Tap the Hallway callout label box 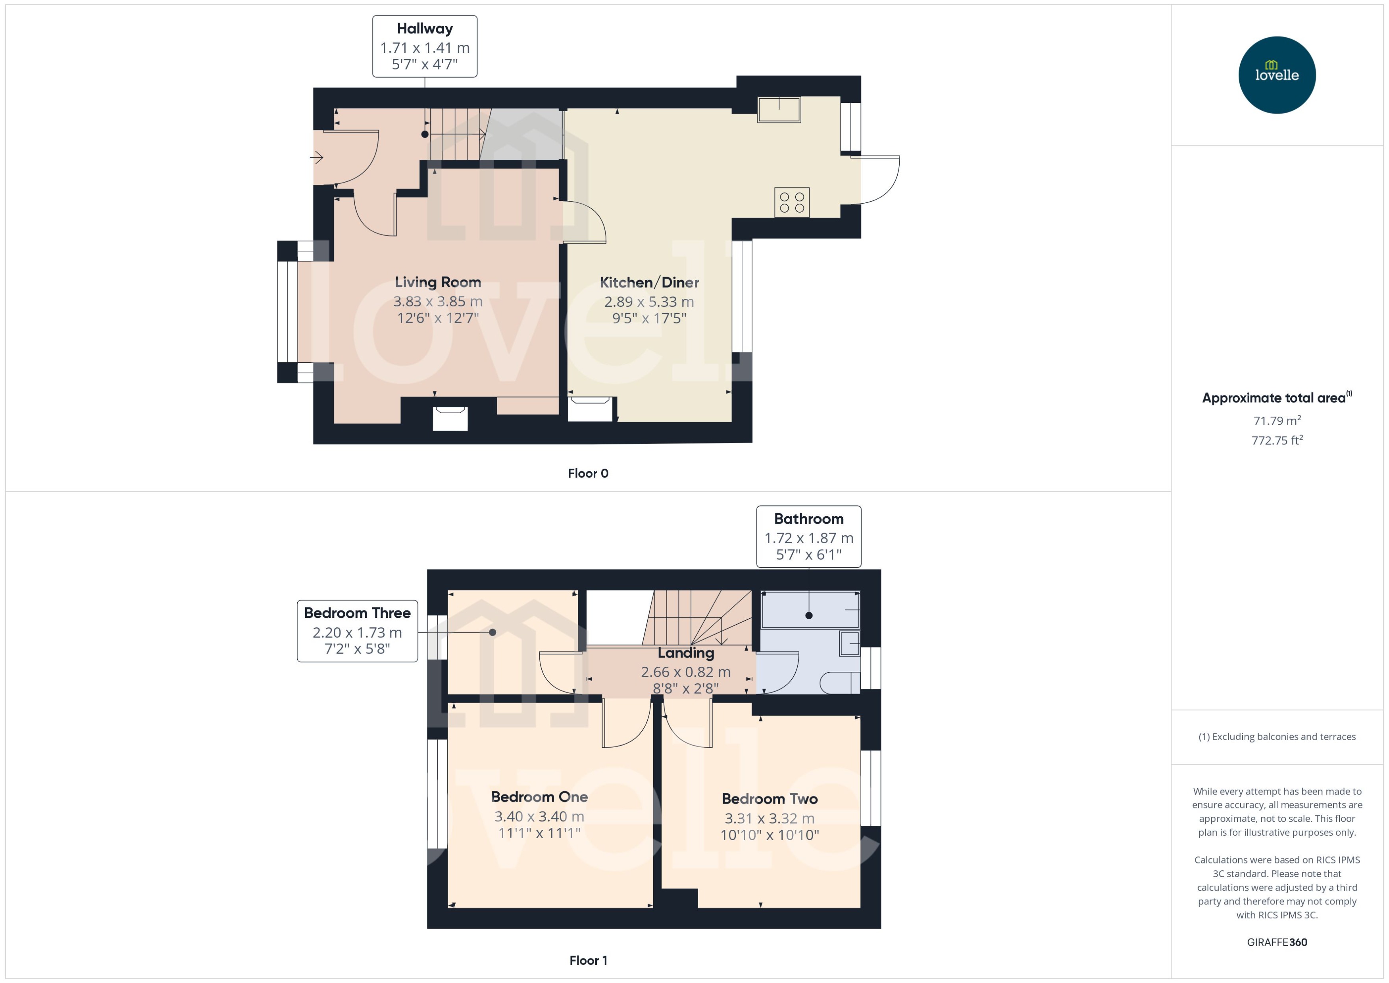tap(424, 46)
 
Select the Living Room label tap(438, 282)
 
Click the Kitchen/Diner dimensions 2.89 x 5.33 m tap(649, 302)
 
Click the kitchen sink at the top tap(779, 110)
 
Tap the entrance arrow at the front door tap(317, 158)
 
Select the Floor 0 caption tap(588, 473)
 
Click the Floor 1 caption tap(588, 960)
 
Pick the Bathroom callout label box tap(808, 536)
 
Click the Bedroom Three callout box tap(357, 631)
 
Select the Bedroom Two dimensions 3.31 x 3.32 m tap(769, 818)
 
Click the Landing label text tap(686, 652)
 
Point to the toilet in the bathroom tap(839, 683)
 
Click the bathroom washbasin tap(850, 643)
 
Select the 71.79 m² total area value tap(1276, 420)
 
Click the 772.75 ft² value tap(1276, 440)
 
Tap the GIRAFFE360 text tap(1276, 942)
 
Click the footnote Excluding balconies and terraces tap(1276, 737)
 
